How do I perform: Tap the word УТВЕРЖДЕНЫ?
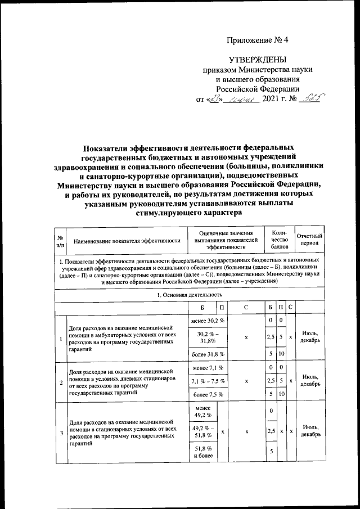[x=257, y=60]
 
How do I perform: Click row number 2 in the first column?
[x=60, y=381]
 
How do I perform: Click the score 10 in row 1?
[x=280, y=354]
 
